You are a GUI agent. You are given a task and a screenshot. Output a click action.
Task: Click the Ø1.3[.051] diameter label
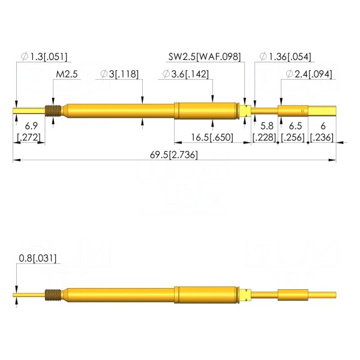44,56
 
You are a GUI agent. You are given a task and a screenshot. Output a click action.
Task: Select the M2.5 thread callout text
67,74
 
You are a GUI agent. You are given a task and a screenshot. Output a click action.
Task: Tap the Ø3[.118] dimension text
119,74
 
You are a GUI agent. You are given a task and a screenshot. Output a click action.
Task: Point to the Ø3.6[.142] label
186,74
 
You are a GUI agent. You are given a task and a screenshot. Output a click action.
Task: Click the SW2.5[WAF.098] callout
205,56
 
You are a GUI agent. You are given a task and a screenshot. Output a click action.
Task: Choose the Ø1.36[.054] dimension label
286,56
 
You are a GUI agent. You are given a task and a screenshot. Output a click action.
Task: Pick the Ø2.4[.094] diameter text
309,74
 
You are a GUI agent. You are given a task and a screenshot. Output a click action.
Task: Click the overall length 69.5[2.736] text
174,155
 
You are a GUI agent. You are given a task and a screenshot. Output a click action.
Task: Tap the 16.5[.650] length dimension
212,137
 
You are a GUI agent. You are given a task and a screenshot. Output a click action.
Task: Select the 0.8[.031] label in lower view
38,258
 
